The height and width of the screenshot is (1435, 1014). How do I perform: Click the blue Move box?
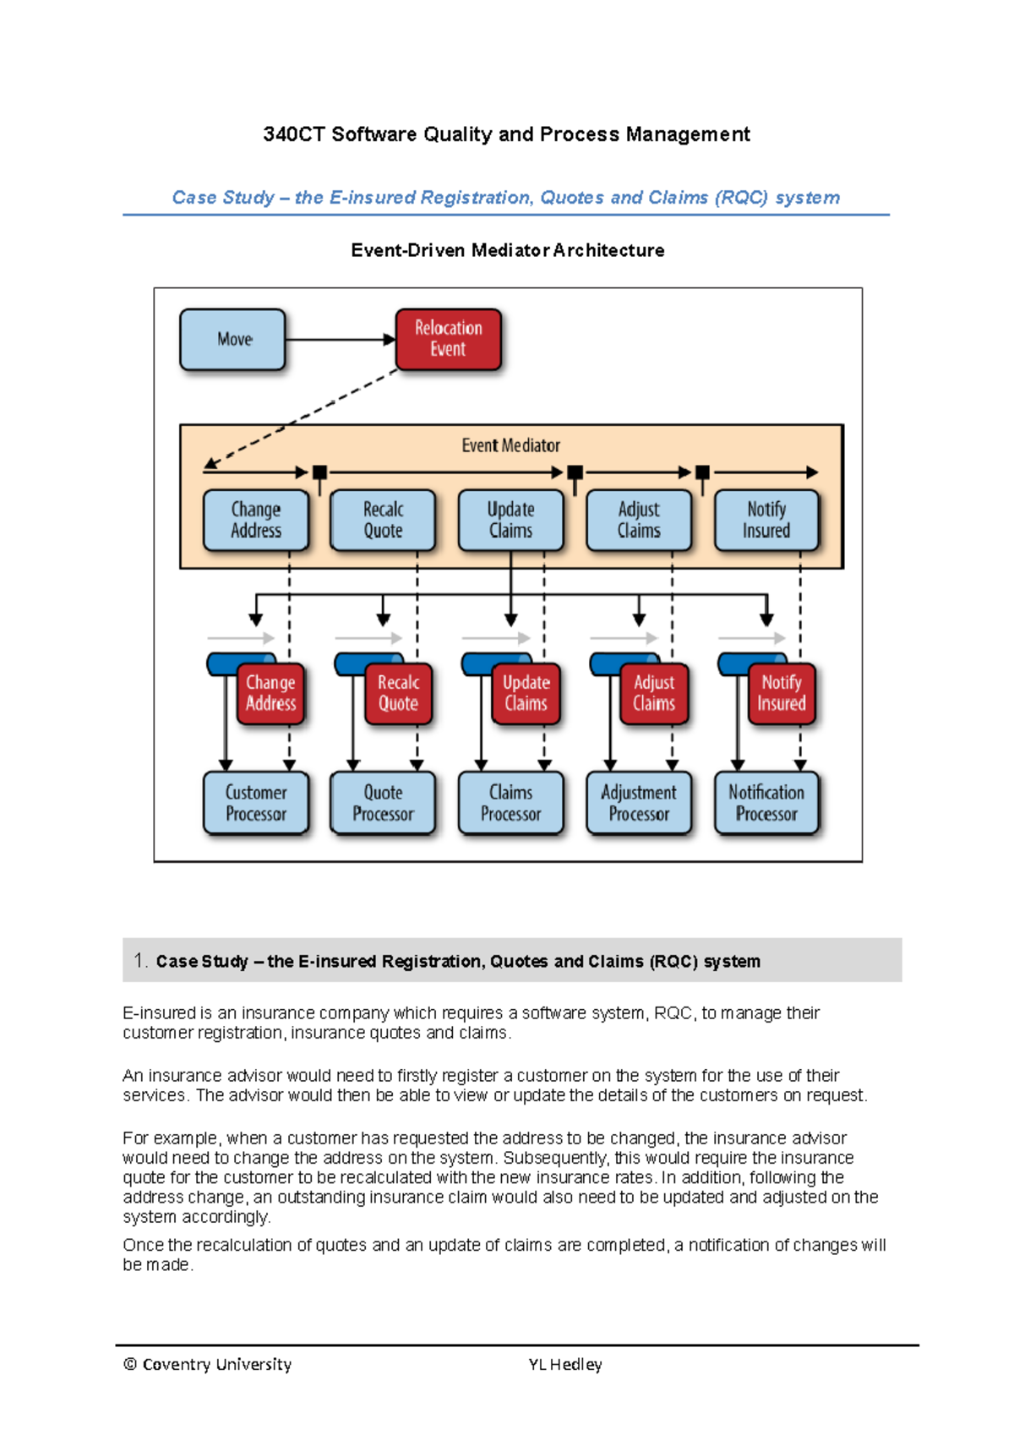[233, 340]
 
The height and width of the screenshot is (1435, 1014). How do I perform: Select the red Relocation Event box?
[449, 339]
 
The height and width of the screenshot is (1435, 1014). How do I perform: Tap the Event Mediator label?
[510, 445]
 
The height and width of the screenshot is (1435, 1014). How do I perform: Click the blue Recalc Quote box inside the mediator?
[383, 521]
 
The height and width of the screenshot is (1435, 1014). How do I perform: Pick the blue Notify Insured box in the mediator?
[766, 521]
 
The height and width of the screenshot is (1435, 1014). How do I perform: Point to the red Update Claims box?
[526, 694]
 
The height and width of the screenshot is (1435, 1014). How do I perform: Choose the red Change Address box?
[270, 694]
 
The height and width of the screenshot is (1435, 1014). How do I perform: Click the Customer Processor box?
[256, 803]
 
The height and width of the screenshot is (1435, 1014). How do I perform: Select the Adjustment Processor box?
[639, 803]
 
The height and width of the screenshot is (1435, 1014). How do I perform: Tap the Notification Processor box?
[766, 803]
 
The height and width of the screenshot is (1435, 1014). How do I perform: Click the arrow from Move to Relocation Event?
[338, 340]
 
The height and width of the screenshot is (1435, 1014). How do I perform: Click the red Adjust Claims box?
[654, 694]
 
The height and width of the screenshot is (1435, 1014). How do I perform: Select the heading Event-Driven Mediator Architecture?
[507, 250]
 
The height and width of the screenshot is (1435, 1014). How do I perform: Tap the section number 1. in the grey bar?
[140, 960]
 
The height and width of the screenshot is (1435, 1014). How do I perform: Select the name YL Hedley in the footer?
[564, 1364]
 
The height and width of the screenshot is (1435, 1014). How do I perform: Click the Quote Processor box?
[383, 803]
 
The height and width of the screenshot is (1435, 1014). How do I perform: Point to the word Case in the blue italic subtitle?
[194, 198]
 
